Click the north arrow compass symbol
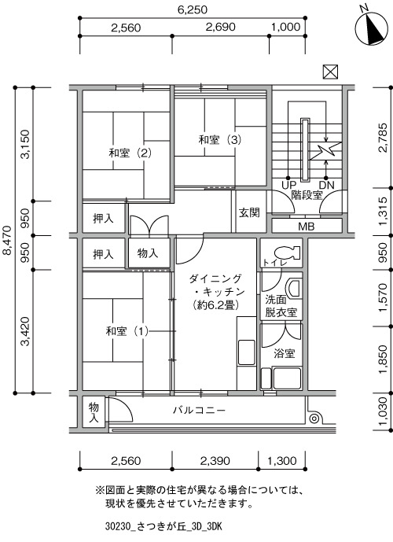pyautogui.click(x=371, y=28)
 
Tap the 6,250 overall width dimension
pyautogui.click(x=193, y=9)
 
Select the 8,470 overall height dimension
pyautogui.click(x=7, y=240)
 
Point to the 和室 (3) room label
pyautogui.click(x=219, y=140)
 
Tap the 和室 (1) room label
pyautogui.click(x=127, y=331)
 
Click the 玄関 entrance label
pyautogui.click(x=249, y=212)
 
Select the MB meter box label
pyautogui.click(x=307, y=227)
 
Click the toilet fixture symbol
pyautogui.click(x=288, y=253)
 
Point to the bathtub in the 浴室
pyautogui.click(x=288, y=378)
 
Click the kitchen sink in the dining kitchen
pyautogui.click(x=247, y=352)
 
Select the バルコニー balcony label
pyautogui.click(x=200, y=411)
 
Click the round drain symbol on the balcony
pyautogui.click(x=314, y=418)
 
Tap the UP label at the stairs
pyautogui.click(x=288, y=186)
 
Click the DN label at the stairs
pyautogui.click(x=327, y=186)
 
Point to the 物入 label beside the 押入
pyautogui.click(x=148, y=253)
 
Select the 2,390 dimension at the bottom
pyautogui.click(x=215, y=460)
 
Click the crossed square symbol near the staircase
pyautogui.click(x=330, y=72)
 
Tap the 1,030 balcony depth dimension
pyautogui.click(x=383, y=411)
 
